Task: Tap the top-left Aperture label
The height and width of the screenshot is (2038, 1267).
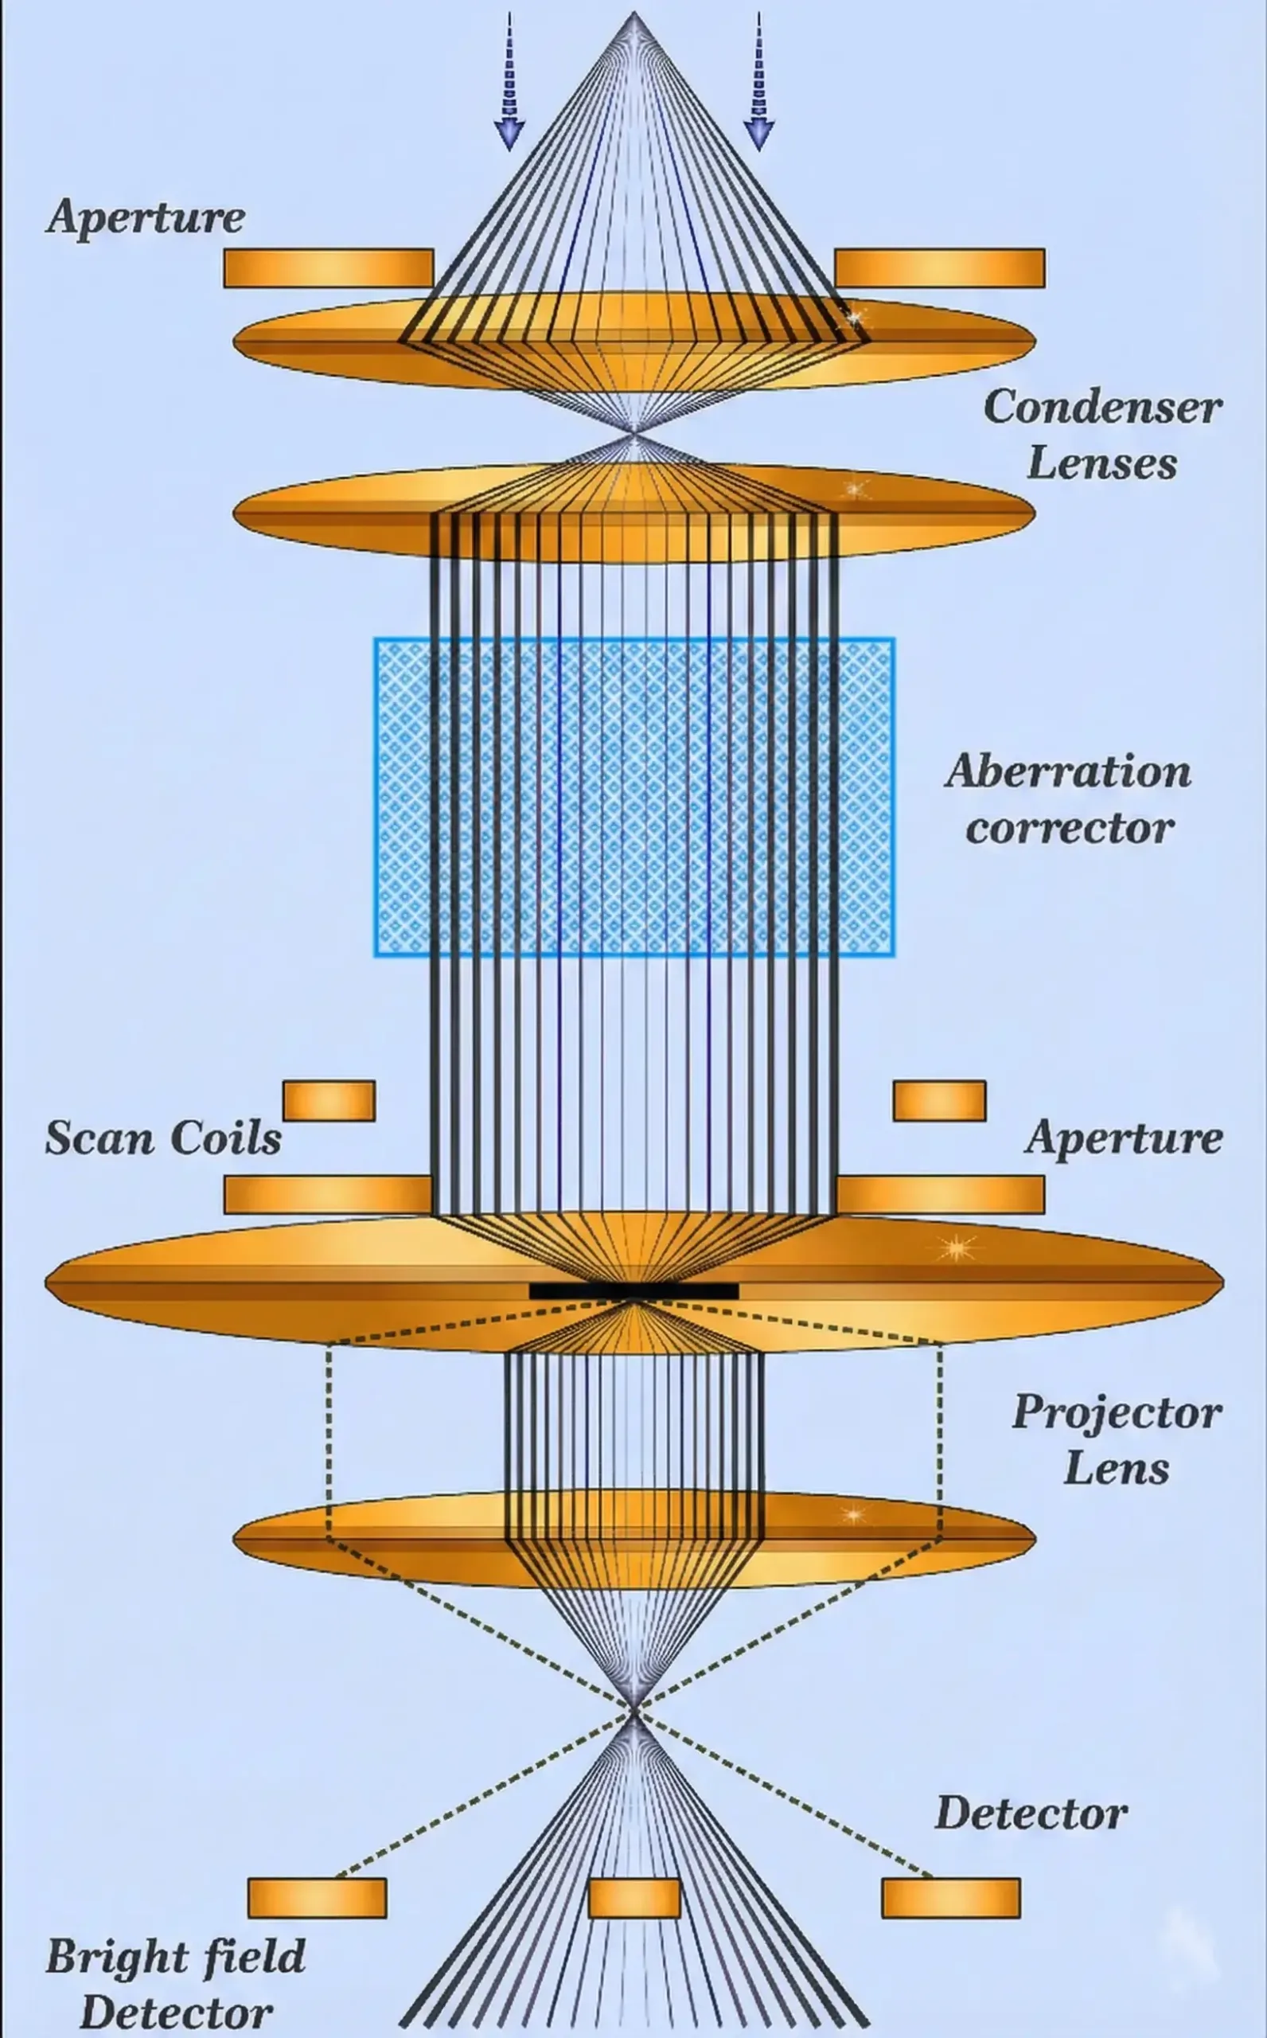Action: point(146,217)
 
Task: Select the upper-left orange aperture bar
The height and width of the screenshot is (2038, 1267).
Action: point(329,268)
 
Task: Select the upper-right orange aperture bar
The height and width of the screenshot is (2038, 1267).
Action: point(939,268)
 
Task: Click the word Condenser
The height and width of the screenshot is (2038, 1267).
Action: point(1102,408)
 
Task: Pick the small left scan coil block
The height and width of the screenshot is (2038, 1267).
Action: point(329,1100)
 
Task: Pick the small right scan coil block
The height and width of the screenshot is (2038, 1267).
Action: point(939,1100)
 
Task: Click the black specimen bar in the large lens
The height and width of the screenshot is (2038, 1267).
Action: point(633,1290)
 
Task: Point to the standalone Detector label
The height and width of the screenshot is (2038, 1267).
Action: point(1030,1814)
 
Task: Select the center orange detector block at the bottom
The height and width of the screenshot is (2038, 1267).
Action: point(633,1898)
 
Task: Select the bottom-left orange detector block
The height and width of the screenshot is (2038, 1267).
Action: point(317,1898)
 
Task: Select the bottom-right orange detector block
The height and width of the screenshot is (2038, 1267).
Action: point(950,1898)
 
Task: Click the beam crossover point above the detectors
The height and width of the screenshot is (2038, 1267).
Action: point(633,1706)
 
